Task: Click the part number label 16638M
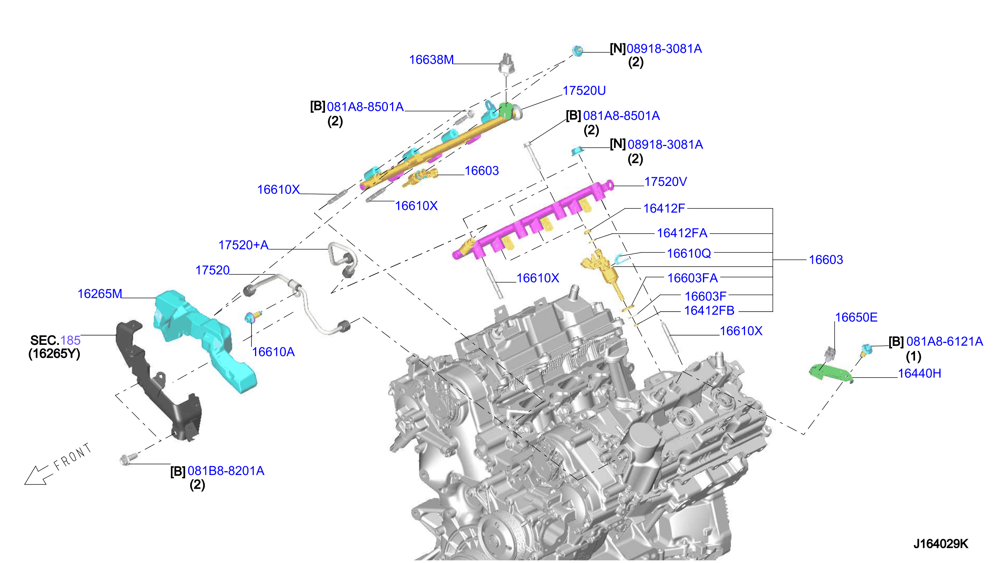coord(431,60)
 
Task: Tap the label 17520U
coord(584,91)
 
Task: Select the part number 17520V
coord(665,182)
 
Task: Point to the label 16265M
coord(100,294)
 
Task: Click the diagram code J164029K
coord(940,544)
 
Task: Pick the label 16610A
coord(273,352)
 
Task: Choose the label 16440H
coord(919,374)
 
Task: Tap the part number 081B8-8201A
coord(226,471)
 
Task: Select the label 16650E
coord(856,318)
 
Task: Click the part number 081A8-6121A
coord(945,341)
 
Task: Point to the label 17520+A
coord(243,245)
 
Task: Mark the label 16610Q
coord(688,254)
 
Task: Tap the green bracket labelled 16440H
coord(830,373)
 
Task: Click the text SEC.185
coord(55,341)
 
